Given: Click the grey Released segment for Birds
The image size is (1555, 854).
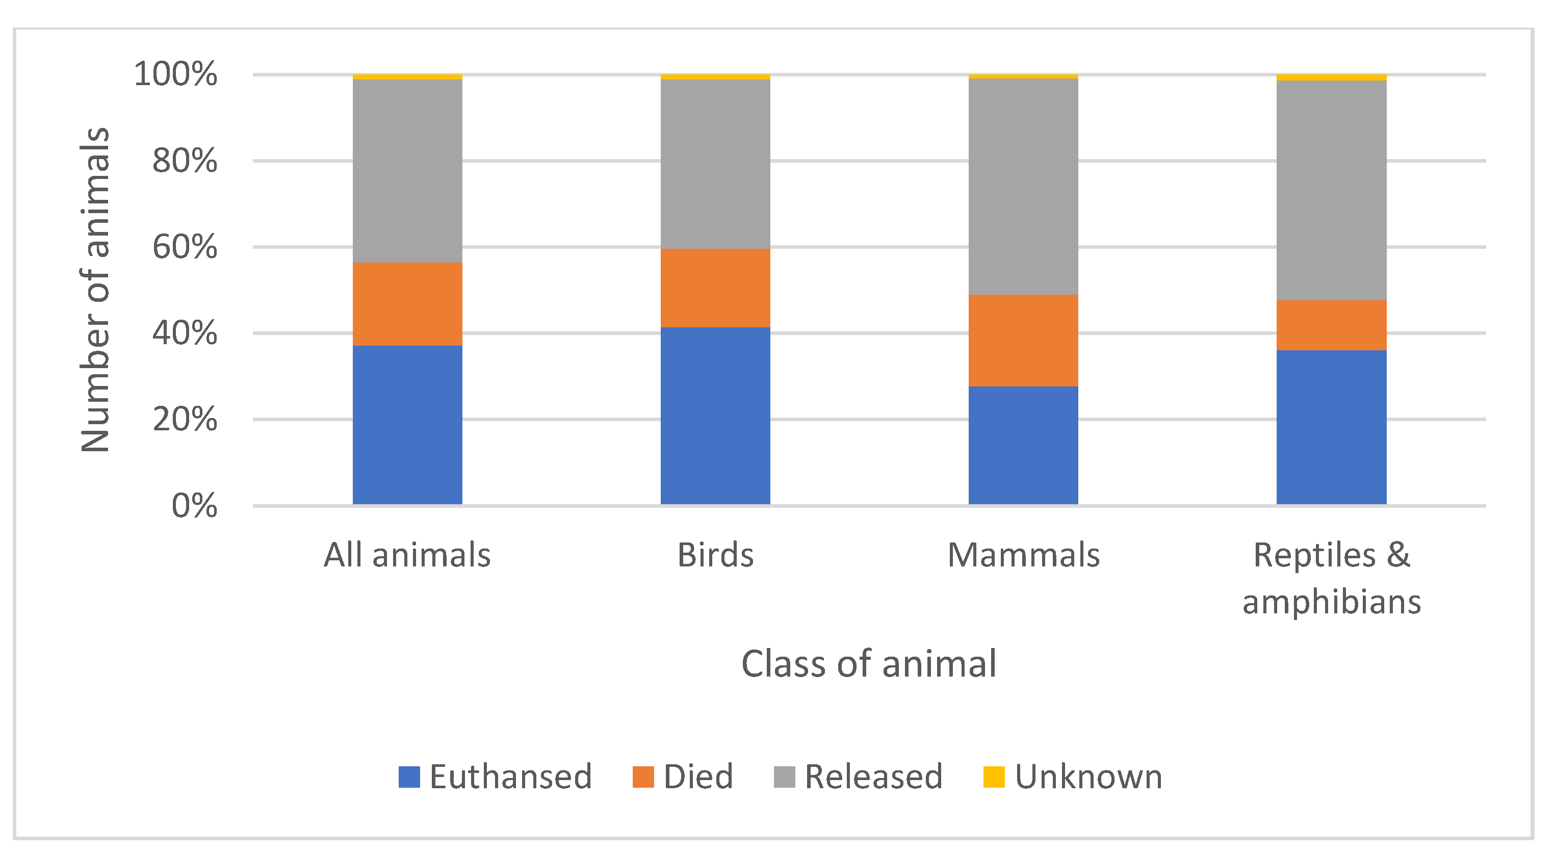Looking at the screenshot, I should click(715, 164).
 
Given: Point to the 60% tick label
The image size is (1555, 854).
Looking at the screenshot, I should click(184, 247).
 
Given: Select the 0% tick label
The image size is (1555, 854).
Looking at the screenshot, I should click(194, 506).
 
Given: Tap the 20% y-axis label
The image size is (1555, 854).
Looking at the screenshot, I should click(184, 419).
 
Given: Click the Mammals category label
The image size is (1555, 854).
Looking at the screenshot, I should click(1023, 555).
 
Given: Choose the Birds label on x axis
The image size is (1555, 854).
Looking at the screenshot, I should click(715, 555).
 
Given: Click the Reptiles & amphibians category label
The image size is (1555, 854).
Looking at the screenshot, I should click(1331, 578).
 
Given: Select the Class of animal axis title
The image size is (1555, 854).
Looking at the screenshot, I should click(869, 664).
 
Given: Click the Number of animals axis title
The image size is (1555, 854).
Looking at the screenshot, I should click(95, 290).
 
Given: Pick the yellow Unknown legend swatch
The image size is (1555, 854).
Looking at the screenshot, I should click(993, 777).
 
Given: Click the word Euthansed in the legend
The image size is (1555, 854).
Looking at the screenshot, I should click(510, 777).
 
